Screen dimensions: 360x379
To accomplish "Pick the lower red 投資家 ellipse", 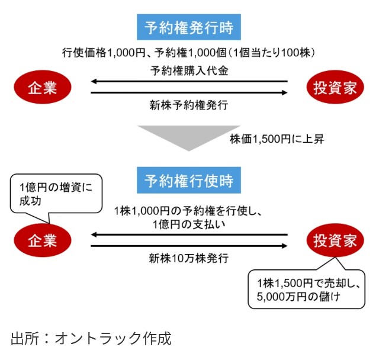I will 335,240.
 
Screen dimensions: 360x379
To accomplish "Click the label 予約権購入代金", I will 189,70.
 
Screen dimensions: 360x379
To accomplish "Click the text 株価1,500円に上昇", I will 277,140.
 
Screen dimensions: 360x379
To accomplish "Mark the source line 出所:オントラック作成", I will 91,339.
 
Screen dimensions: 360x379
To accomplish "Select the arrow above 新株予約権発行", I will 189,92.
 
